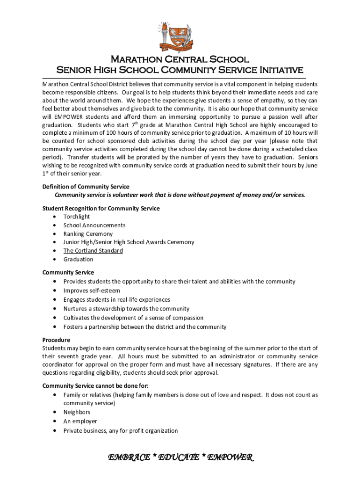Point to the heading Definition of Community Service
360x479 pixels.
coord(86,187)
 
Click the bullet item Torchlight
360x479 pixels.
coord(77,217)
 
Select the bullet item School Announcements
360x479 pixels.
coord(94,225)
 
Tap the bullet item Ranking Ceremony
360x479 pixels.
coord(88,234)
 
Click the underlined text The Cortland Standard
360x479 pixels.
coord(93,251)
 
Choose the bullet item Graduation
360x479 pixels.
coord(78,259)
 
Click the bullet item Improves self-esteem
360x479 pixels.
coord(92,290)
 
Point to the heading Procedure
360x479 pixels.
coord(56,340)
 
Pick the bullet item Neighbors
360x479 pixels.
coord(77,412)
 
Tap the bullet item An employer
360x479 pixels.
coord(80,421)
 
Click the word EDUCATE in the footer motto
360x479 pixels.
coord(180,457)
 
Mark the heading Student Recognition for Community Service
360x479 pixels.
coord(101,208)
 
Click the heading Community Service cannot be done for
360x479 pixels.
coord(95,386)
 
